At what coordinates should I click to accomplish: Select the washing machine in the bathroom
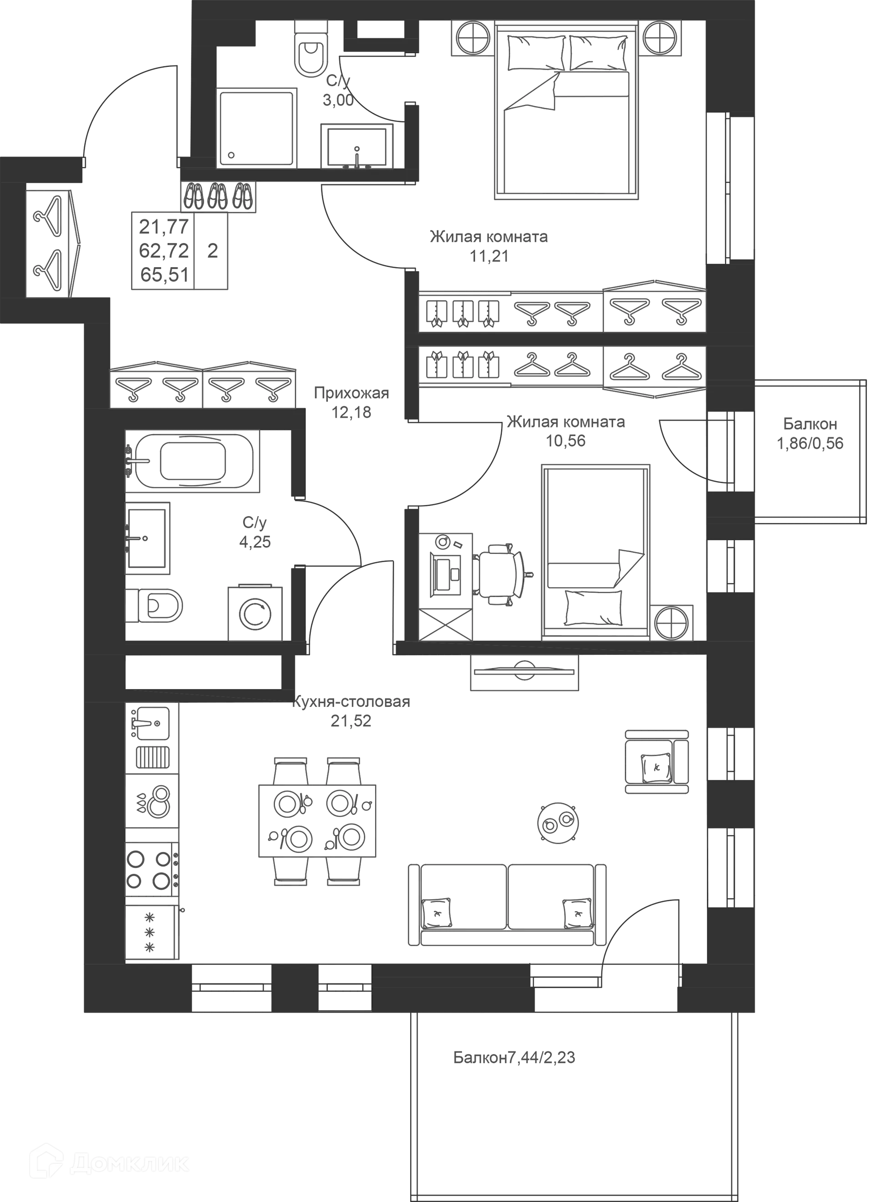[x=255, y=613]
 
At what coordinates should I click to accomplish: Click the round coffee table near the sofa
[x=558, y=822]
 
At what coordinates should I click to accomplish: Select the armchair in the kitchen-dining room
[x=657, y=761]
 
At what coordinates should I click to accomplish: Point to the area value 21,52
[x=351, y=721]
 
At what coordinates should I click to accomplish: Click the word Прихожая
[x=351, y=393]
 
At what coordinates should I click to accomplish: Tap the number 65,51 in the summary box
[x=164, y=275]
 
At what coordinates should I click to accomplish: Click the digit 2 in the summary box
[x=213, y=251]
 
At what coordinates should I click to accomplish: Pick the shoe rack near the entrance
[x=218, y=197]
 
